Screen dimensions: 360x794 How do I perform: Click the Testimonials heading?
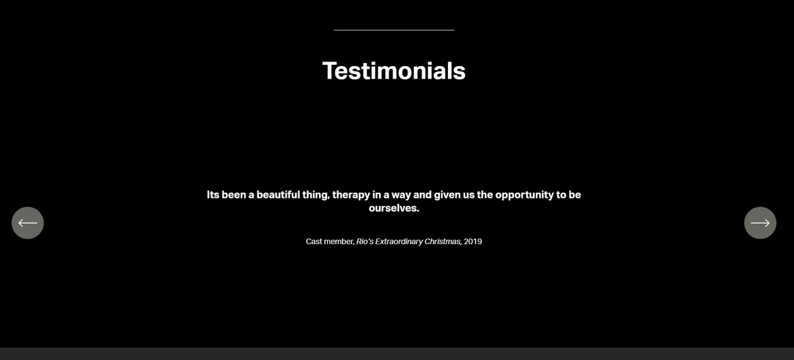[394, 71]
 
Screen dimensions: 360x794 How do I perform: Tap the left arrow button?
[28, 223]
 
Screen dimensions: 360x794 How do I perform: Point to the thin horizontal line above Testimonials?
[394, 30]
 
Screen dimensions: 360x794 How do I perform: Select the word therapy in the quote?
[354, 196]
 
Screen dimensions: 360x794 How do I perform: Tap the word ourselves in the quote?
[394, 208]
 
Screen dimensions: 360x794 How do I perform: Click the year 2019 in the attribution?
[473, 242]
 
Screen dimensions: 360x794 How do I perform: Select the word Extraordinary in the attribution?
[399, 242]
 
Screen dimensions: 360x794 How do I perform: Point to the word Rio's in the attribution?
[365, 242]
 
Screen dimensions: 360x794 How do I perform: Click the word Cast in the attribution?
[314, 242]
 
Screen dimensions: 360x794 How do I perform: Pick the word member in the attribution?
[339, 242]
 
